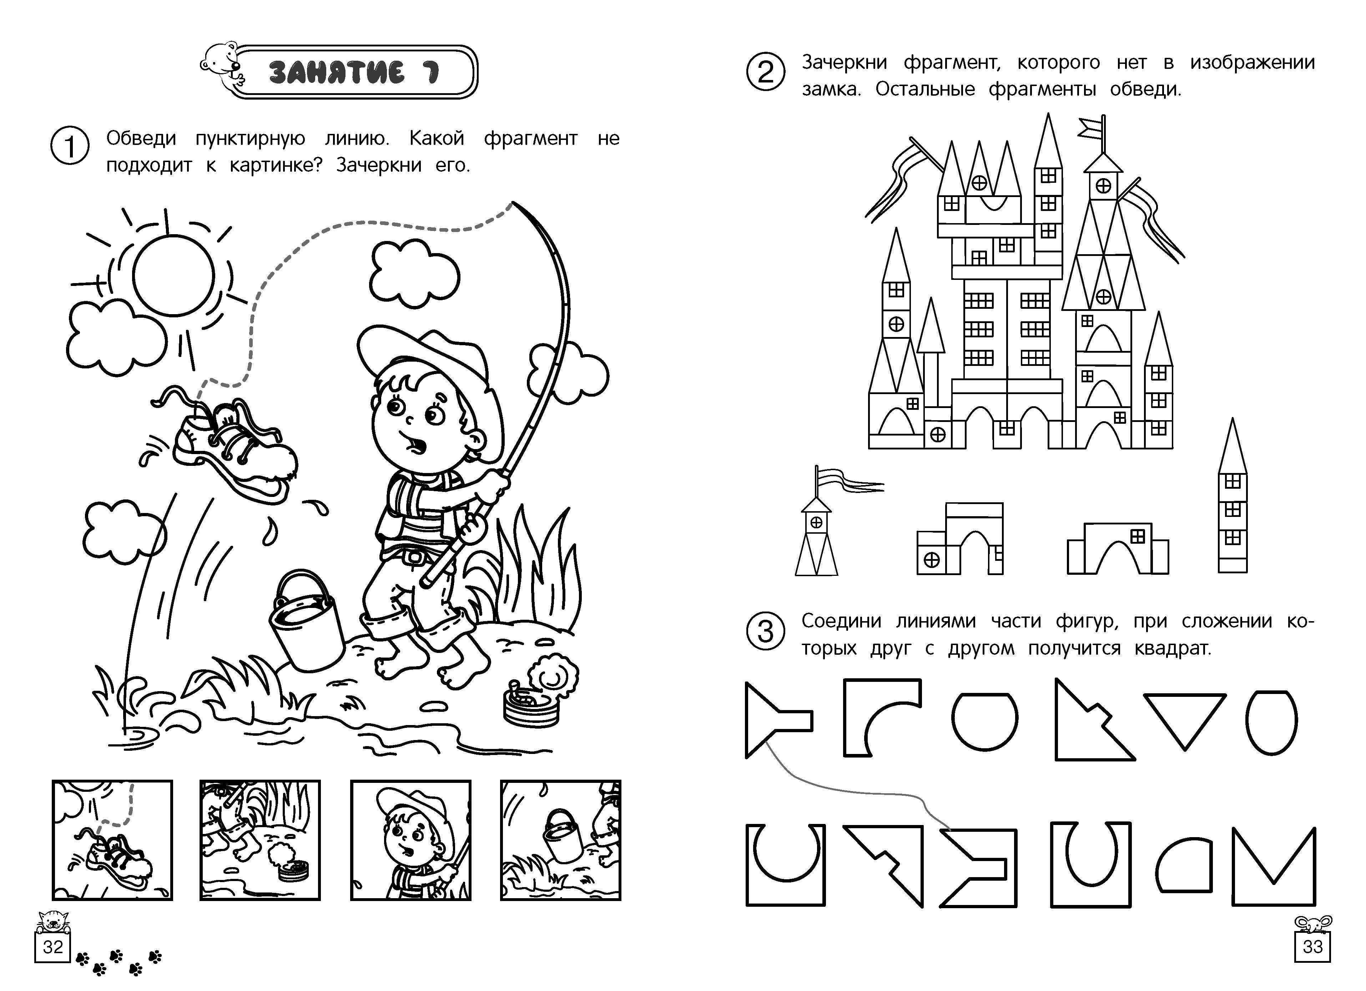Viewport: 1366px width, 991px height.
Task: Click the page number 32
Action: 53,947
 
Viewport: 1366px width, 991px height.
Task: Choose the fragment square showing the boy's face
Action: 411,840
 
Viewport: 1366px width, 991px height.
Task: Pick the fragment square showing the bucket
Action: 560,840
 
